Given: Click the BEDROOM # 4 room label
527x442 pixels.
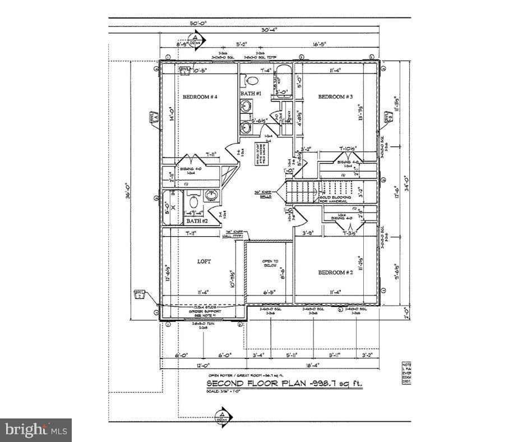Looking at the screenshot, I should [x=200, y=97].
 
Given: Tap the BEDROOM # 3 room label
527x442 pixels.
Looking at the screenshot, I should [x=335, y=97].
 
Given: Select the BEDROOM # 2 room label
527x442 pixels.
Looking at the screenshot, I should [x=335, y=273].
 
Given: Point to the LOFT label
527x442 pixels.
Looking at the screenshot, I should [x=204, y=262].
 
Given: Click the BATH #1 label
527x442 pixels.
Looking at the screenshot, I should [x=251, y=93].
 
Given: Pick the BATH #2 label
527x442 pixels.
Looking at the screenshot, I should [x=197, y=221].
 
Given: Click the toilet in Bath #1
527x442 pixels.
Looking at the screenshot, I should [x=251, y=79].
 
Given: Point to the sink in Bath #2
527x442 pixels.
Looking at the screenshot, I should [x=212, y=196].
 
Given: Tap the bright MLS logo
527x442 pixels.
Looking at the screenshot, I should [x=36, y=430].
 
